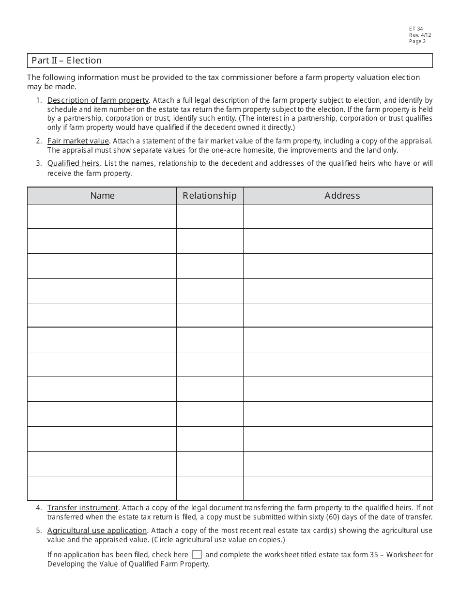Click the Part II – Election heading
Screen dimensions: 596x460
67,61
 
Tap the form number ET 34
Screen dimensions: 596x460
416,29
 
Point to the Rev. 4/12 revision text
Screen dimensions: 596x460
420,35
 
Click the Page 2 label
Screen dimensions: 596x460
417,42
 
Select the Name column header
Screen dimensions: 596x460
102,196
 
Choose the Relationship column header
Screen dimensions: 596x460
210,196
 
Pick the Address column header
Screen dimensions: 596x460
342,196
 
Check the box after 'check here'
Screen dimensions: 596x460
197,555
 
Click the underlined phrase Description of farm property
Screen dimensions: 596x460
98,100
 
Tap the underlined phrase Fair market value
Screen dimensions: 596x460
78,141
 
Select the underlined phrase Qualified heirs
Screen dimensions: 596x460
74,163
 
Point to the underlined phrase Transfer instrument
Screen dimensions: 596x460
83,508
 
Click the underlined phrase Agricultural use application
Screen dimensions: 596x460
97,531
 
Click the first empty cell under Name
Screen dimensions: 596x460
102,216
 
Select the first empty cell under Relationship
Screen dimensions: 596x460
210,216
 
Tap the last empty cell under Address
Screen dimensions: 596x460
337,488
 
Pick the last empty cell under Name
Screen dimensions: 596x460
102,488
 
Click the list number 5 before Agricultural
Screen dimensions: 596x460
38,531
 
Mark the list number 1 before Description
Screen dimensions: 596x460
38,100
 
